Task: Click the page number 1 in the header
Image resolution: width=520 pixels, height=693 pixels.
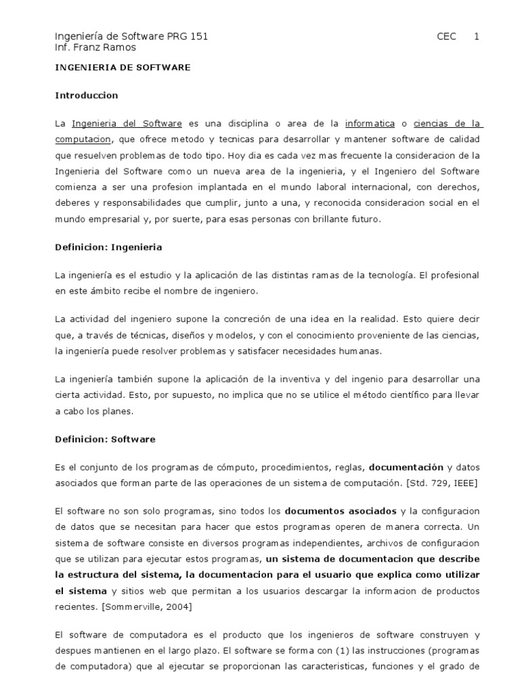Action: pos(476,37)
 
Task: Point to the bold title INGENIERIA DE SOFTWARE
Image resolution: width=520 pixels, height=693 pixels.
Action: pos(123,68)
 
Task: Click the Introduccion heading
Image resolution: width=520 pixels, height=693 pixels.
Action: pos(87,95)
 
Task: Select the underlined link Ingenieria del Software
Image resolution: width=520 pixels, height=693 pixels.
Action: pos(127,124)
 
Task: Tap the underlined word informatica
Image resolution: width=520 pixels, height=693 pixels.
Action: pos(370,124)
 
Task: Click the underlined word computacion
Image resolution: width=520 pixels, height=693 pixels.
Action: pos(83,139)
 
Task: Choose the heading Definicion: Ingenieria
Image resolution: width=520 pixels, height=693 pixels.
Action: pos(108,247)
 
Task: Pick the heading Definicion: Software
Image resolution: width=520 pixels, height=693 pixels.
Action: pos(105,439)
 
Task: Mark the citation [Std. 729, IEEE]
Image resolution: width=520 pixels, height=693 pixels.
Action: pos(441,483)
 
